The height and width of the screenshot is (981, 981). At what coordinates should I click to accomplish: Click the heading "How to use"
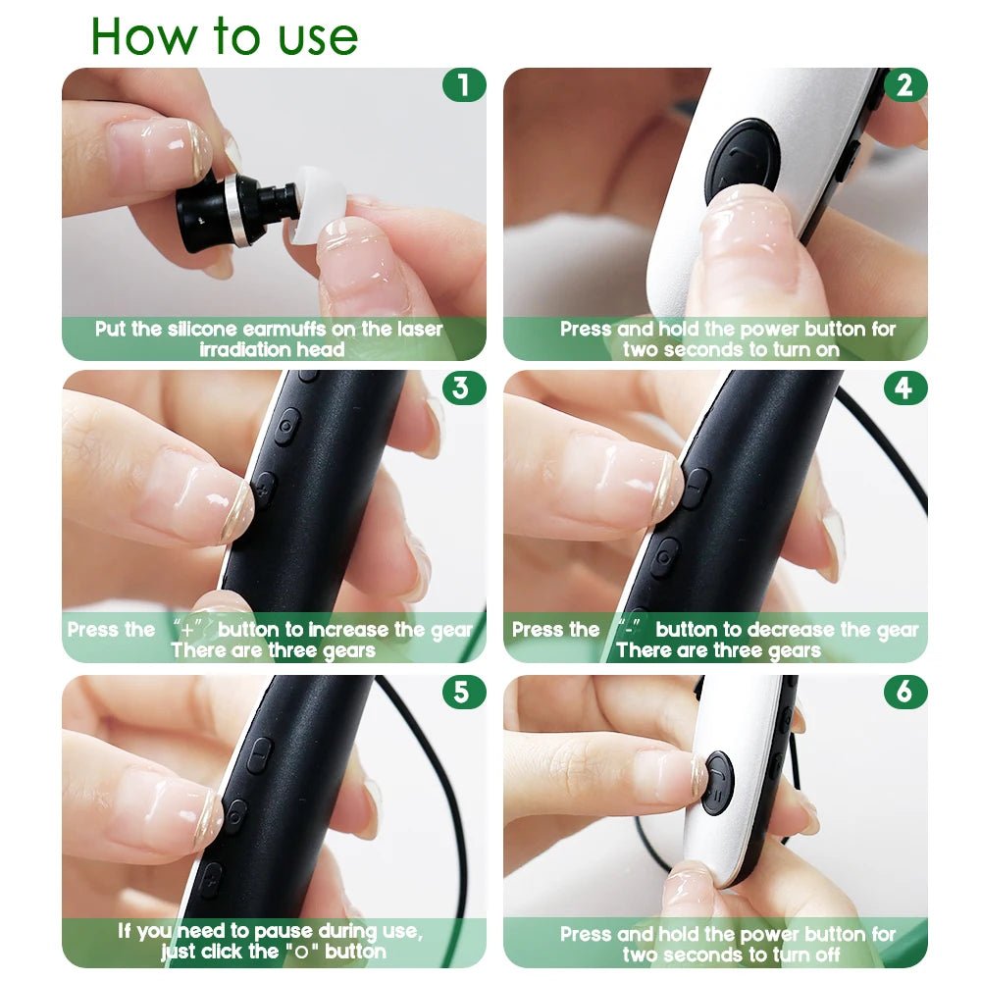pyautogui.click(x=224, y=36)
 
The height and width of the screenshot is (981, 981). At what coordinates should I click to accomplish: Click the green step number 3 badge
pyautogui.click(x=461, y=387)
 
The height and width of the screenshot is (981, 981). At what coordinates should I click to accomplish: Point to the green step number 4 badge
pyautogui.click(x=904, y=387)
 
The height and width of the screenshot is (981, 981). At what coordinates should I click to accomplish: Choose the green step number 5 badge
pyautogui.click(x=461, y=692)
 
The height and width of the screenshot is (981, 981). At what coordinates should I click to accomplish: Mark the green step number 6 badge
pyautogui.click(x=904, y=692)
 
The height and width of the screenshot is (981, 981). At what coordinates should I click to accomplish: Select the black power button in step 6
pyautogui.click(x=717, y=782)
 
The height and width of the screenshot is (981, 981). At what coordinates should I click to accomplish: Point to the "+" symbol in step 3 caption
pyautogui.click(x=187, y=630)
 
